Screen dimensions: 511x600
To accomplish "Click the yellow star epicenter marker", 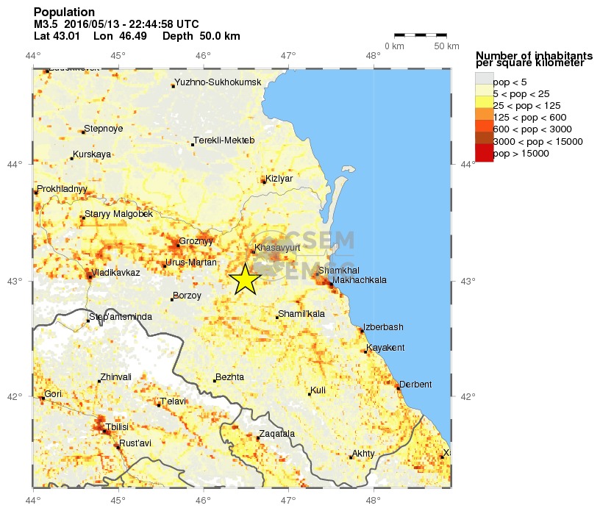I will point(245,279).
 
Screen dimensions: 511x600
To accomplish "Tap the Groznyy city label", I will point(196,241).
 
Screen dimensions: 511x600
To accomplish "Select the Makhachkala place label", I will point(360,280).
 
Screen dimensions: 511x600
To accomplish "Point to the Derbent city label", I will point(415,385).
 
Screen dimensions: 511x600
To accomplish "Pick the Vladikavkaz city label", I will point(116,272).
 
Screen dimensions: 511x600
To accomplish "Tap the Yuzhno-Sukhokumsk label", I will point(218,82).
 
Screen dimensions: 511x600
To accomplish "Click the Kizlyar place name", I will point(279,179).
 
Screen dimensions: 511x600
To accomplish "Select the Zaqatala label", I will point(276,434).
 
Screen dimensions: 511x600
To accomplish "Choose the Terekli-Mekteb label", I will point(224,140).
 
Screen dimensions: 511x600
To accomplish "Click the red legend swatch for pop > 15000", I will point(484,152).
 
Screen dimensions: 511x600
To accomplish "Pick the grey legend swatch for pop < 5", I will point(484,79).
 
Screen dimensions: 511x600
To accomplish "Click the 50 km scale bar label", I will point(446,46).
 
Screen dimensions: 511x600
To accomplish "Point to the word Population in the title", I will point(64,12).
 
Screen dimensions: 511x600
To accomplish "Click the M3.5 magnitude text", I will point(46,24).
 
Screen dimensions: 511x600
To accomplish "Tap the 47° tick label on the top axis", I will point(288,54).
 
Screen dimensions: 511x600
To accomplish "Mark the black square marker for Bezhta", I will point(215,381).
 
